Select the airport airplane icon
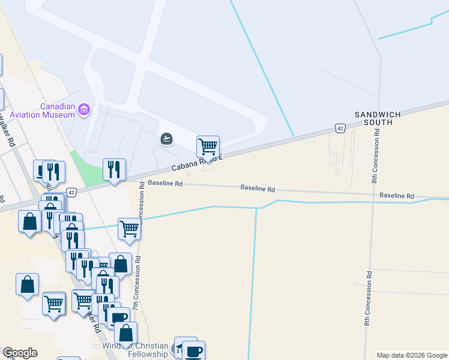click(166, 139)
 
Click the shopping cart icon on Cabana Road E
click(208, 146)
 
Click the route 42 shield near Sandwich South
click(340, 128)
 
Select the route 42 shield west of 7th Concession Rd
click(71, 192)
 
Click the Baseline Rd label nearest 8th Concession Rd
click(396, 196)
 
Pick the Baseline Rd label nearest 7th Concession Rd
click(165, 184)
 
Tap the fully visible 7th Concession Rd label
click(137, 280)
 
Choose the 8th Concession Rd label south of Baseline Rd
click(366, 298)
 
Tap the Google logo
click(20, 353)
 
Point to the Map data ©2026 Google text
click(412, 355)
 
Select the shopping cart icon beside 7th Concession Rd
click(129, 229)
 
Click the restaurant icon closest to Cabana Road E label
click(114, 169)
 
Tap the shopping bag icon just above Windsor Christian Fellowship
click(126, 332)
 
